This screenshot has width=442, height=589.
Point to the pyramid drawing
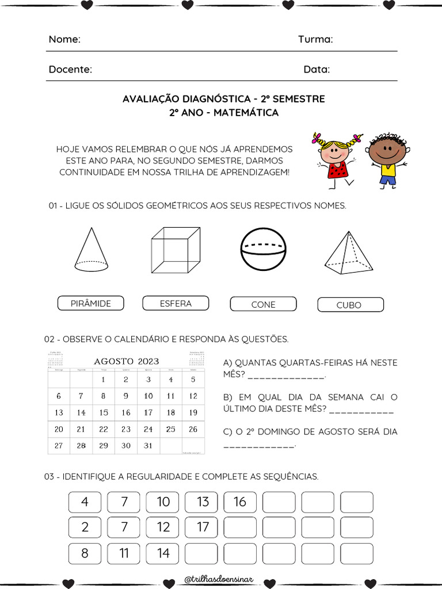pyautogui.click(x=348, y=252)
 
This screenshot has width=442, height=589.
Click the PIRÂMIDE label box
pyautogui.click(x=91, y=303)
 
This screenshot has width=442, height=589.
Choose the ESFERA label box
pyautogui.click(x=176, y=303)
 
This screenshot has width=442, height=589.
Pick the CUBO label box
pyautogui.click(x=349, y=305)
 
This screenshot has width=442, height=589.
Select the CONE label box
pyautogui.click(x=263, y=304)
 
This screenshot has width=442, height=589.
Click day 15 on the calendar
pyautogui.click(x=104, y=412)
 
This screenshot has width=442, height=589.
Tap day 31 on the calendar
pyautogui.click(x=148, y=445)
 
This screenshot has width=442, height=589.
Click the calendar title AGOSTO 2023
pyautogui.click(x=127, y=361)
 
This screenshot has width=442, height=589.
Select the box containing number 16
pyautogui.click(x=240, y=502)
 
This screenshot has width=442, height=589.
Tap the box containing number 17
pyautogui.click(x=203, y=527)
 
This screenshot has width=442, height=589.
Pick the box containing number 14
pyautogui.click(x=163, y=553)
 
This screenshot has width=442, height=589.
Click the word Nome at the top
pyautogui.click(x=64, y=39)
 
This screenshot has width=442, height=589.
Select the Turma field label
pyautogui.click(x=315, y=39)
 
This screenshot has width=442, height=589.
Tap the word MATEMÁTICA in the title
pyautogui.click(x=246, y=113)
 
